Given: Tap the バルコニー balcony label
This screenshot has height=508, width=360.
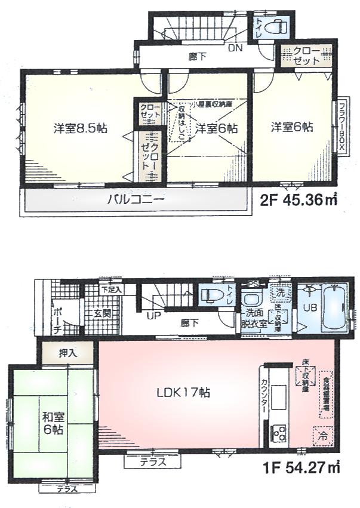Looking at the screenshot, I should tap(136, 200).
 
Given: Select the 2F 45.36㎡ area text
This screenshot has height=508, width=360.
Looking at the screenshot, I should tap(299, 200).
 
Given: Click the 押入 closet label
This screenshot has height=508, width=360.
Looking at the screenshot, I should tap(67, 353).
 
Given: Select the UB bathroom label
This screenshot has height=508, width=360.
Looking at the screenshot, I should tap(310, 309).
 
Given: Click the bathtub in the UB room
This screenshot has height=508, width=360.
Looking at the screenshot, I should tap(334, 308).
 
